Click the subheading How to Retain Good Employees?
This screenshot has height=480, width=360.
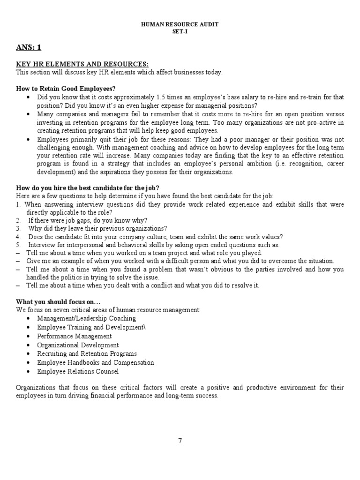click(66, 89)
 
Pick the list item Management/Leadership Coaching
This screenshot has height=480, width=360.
click(86, 318)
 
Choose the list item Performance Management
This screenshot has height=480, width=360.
click(75, 336)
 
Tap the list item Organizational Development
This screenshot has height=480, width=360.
click(78, 345)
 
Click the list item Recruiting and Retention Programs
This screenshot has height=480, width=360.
click(87, 353)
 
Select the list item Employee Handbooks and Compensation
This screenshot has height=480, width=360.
click(95, 362)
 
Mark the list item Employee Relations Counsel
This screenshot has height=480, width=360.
click(78, 371)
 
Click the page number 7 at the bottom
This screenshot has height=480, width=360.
click(180, 440)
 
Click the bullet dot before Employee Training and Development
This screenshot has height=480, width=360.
click(29, 327)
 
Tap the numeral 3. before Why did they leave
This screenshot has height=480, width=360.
click(18, 229)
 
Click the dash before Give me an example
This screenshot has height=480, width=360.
click(18, 261)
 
